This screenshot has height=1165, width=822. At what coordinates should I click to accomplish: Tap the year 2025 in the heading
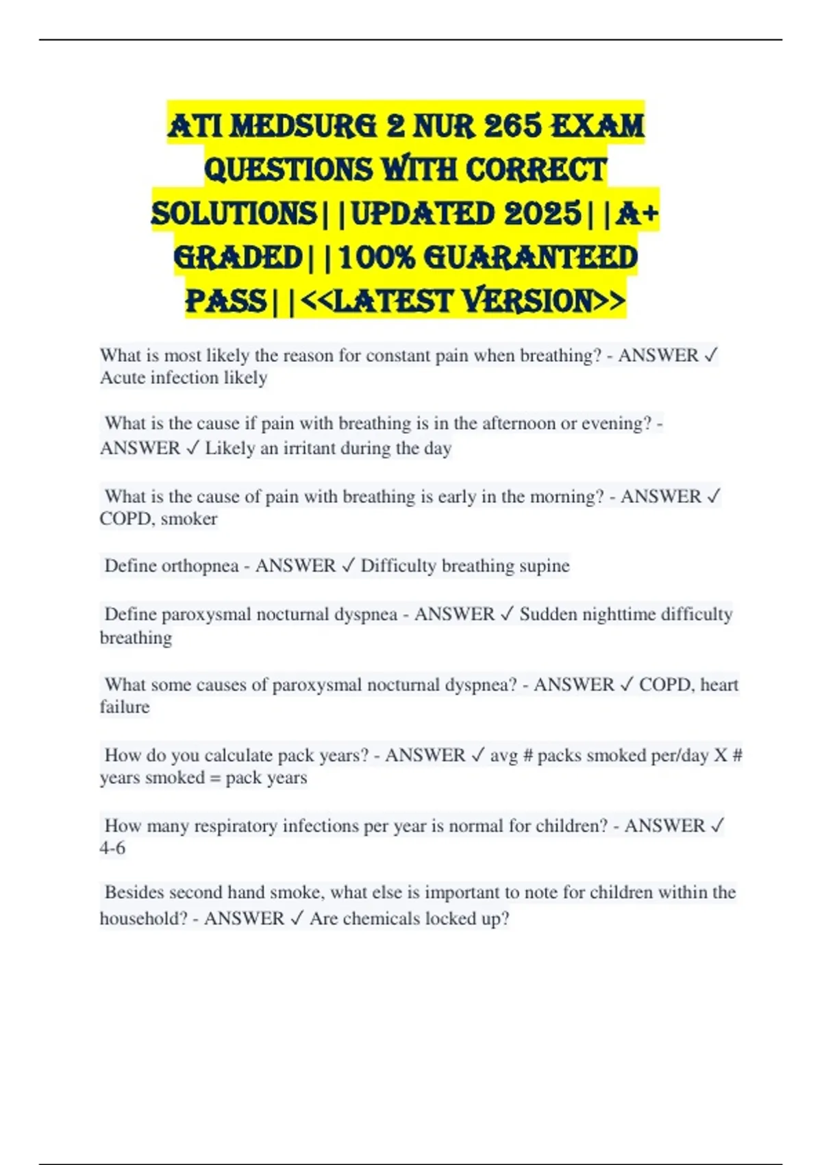543,214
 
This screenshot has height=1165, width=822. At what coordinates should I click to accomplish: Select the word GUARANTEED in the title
531,258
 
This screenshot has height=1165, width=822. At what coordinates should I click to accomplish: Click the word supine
544,566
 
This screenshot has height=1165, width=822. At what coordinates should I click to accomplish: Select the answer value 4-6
112,848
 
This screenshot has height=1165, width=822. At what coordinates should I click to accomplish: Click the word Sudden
547,614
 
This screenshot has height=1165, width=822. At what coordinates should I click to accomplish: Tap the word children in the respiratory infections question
571,826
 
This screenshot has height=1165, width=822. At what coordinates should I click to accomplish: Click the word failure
125,707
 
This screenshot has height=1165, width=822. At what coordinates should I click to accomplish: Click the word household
143,918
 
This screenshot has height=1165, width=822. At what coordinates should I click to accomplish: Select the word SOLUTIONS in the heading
234,214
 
